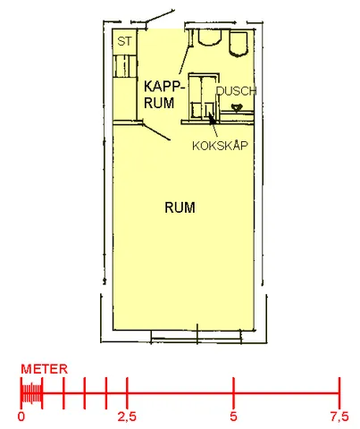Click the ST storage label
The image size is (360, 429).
(124, 41)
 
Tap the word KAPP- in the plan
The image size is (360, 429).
(164, 87)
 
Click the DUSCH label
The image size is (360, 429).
(236, 91)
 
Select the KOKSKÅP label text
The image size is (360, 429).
(220, 146)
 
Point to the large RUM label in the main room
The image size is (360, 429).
(180, 207)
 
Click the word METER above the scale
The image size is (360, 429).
(45, 369)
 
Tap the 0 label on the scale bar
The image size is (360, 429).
(21, 416)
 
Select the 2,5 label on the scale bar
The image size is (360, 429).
(127, 416)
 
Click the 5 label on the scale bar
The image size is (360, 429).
(233, 416)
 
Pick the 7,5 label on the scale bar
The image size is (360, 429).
(339, 416)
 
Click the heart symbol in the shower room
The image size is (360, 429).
(237, 107)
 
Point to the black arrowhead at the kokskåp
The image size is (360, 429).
(211, 118)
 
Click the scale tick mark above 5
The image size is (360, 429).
(233, 393)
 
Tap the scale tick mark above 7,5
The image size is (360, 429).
(339, 393)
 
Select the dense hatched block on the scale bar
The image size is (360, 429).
(31, 393)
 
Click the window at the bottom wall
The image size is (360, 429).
(197, 336)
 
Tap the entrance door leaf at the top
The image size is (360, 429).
(160, 20)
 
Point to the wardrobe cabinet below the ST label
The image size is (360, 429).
(125, 65)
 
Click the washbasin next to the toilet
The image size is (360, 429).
(210, 38)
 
